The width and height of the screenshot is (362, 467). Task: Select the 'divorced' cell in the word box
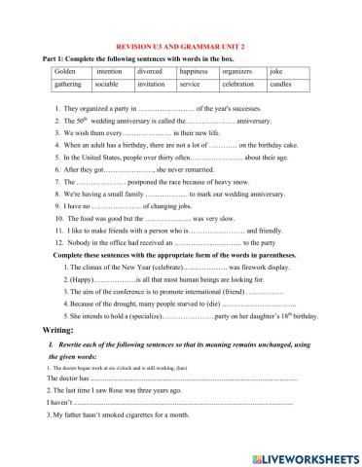tap(150, 71)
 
